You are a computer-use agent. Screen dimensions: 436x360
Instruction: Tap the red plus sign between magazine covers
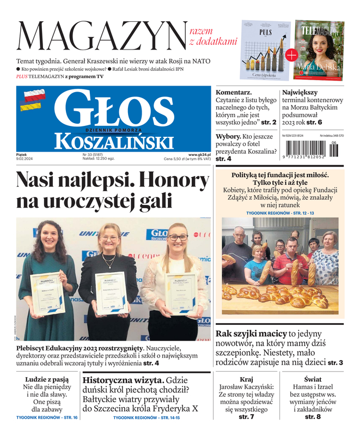point(291,55)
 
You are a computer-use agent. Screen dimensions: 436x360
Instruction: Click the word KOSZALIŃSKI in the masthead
point(114,142)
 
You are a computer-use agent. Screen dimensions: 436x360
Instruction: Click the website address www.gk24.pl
point(199,155)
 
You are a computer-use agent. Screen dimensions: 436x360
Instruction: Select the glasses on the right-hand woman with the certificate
point(178,238)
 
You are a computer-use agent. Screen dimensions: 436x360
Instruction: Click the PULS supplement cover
point(265,50)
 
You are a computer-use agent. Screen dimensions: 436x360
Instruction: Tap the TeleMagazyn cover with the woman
point(320,50)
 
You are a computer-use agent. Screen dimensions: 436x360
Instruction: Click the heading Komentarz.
point(234,93)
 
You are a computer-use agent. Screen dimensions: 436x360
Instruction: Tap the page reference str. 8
point(312,417)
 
